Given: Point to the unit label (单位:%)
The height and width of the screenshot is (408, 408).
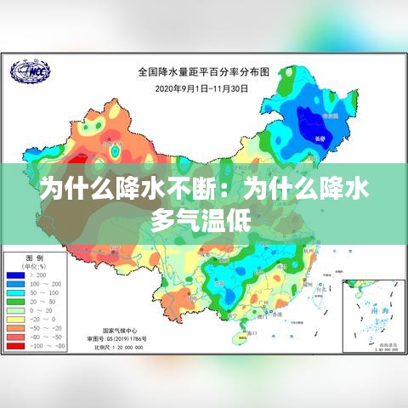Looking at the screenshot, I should (x=35, y=265).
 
